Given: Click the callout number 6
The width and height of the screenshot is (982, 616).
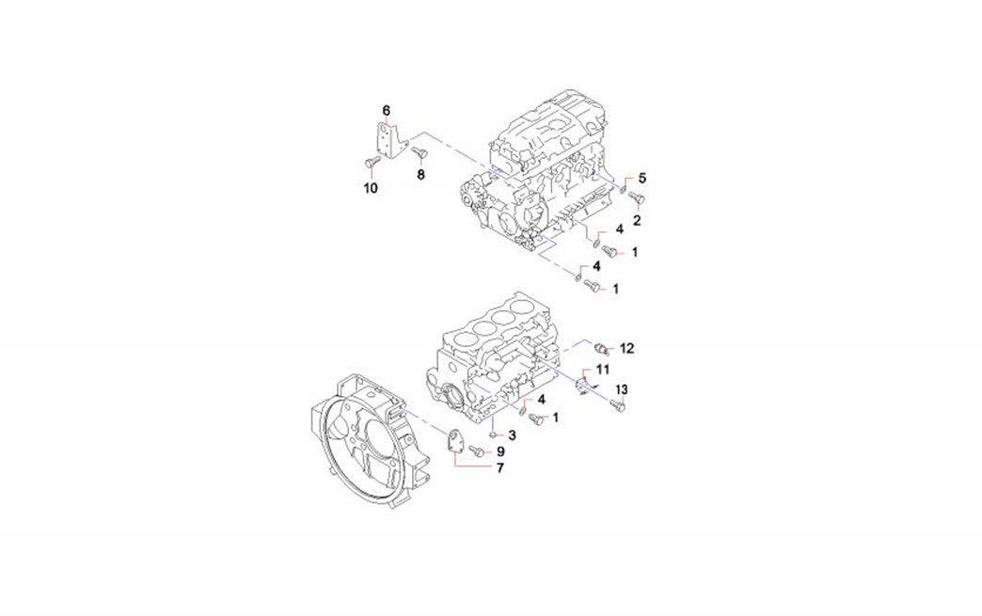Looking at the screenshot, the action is click(x=387, y=111).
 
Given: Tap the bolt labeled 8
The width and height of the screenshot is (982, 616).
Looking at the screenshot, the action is click(x=419, y=150).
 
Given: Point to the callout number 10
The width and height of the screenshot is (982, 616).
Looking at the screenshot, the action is click(x=371, y=188).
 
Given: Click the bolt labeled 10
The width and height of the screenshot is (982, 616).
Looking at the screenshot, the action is click(x=371, y=164).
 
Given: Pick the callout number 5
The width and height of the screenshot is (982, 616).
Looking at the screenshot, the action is click(x=641, y=179).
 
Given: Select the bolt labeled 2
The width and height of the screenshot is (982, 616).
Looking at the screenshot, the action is click(x=637, y=198).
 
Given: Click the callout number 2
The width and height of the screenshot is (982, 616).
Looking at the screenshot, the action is click(x=637, y=220).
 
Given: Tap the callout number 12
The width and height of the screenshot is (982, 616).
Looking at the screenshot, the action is click(x=626, y=348).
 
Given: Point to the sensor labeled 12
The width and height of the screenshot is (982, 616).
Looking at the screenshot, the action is click(x=601, y=348).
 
